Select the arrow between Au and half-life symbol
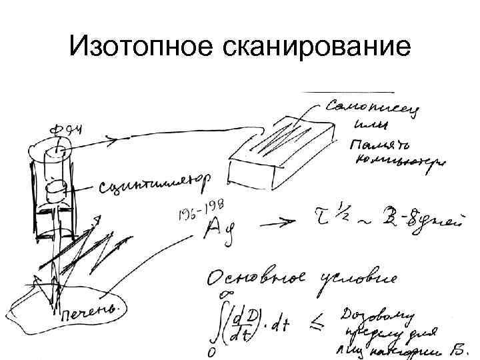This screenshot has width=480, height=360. (x=276, y=223)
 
